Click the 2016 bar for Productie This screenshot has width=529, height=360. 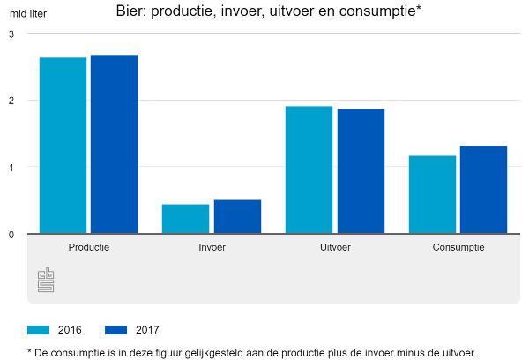coord(63,146)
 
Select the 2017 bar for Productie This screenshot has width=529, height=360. coord(114,145)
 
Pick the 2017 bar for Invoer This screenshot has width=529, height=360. coord(237,217)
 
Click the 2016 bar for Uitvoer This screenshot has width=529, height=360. coord(309,170)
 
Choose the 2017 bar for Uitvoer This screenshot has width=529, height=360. coord(361,171)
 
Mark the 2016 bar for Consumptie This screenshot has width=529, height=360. coord(432,195)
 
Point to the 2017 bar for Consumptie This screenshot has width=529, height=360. coord(483,190)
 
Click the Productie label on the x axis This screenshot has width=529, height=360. coord(88,247)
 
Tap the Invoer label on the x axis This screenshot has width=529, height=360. coord(212,247)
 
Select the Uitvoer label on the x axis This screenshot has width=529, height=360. coord(335,247)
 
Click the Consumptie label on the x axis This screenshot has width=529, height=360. coord(458,247)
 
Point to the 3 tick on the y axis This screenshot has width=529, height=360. coord(11,34)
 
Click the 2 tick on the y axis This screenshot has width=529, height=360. coord(11,101)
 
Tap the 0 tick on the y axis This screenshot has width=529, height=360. coord(11,235)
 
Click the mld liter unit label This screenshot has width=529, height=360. coord(28,14)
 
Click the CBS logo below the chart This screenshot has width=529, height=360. coord(46,280)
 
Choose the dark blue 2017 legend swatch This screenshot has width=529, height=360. coord(116,330)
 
